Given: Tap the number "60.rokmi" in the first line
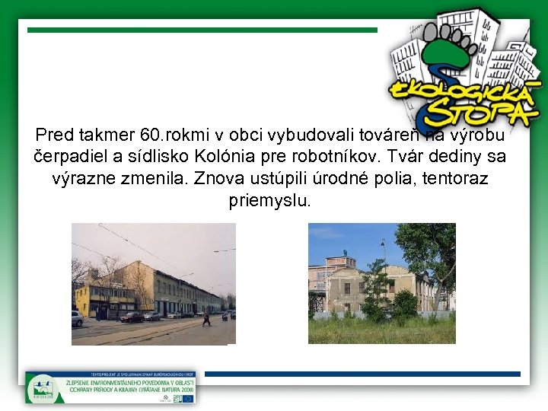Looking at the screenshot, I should tap(170, 136).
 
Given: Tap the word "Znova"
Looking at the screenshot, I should tap(217, 180).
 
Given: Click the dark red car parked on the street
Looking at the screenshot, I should tap(132, 316).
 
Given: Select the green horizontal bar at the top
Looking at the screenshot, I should tap(202, 30).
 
